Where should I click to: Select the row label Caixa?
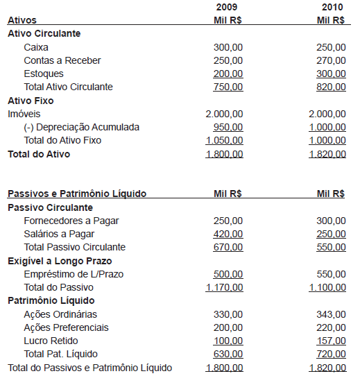point(36,47)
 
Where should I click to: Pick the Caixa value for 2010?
point(331,47)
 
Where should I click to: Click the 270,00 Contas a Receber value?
point(331,60)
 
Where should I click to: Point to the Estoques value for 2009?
point(228,74)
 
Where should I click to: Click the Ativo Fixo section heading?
point(31,101)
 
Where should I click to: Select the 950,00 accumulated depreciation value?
point(228,127)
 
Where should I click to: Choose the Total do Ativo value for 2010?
point(327,154)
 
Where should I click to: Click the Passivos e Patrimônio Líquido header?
point(76,194)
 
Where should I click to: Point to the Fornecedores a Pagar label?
point(71,221)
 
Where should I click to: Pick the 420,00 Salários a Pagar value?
point(228,234)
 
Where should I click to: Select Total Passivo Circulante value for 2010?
point(331,247)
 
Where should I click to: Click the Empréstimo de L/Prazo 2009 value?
point(228,274)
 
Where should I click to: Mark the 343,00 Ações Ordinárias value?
point(331,314)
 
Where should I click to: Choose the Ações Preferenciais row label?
point(66,327)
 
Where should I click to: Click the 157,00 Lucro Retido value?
point(331,341)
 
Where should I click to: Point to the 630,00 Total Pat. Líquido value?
point(228,354)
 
